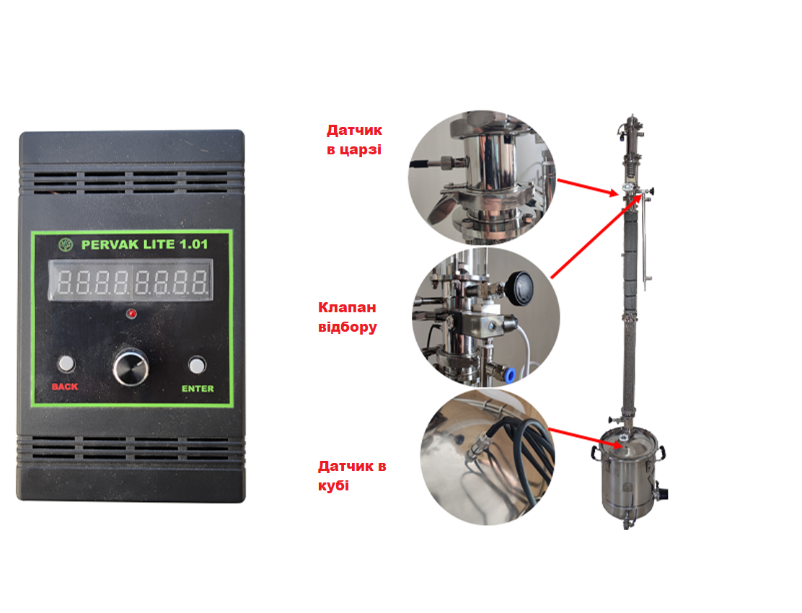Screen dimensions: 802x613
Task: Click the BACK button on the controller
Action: [x=66, y=363]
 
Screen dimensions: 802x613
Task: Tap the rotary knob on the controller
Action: [x=131, y=366]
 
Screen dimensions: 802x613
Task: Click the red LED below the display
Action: [x=131, y=314]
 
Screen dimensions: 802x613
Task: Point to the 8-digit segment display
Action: [x=131, y=280]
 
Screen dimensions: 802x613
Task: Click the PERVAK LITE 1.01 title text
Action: [x=145, y=244]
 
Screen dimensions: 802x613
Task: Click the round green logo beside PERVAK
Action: [x=66, y=244]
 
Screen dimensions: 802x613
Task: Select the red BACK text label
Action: [x=65, y=387]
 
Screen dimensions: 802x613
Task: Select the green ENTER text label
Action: [x=198, y=389]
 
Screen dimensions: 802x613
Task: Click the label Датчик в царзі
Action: [x=354, y=140]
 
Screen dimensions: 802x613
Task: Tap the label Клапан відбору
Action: [x=348, y=317]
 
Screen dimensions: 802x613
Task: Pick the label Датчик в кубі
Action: [x=352, y=475]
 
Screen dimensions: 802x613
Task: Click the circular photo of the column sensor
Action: [x=481, y=177]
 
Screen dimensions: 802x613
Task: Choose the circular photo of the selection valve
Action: [x=486, y=317]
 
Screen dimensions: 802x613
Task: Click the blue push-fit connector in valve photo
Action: [x=509, y=376]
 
